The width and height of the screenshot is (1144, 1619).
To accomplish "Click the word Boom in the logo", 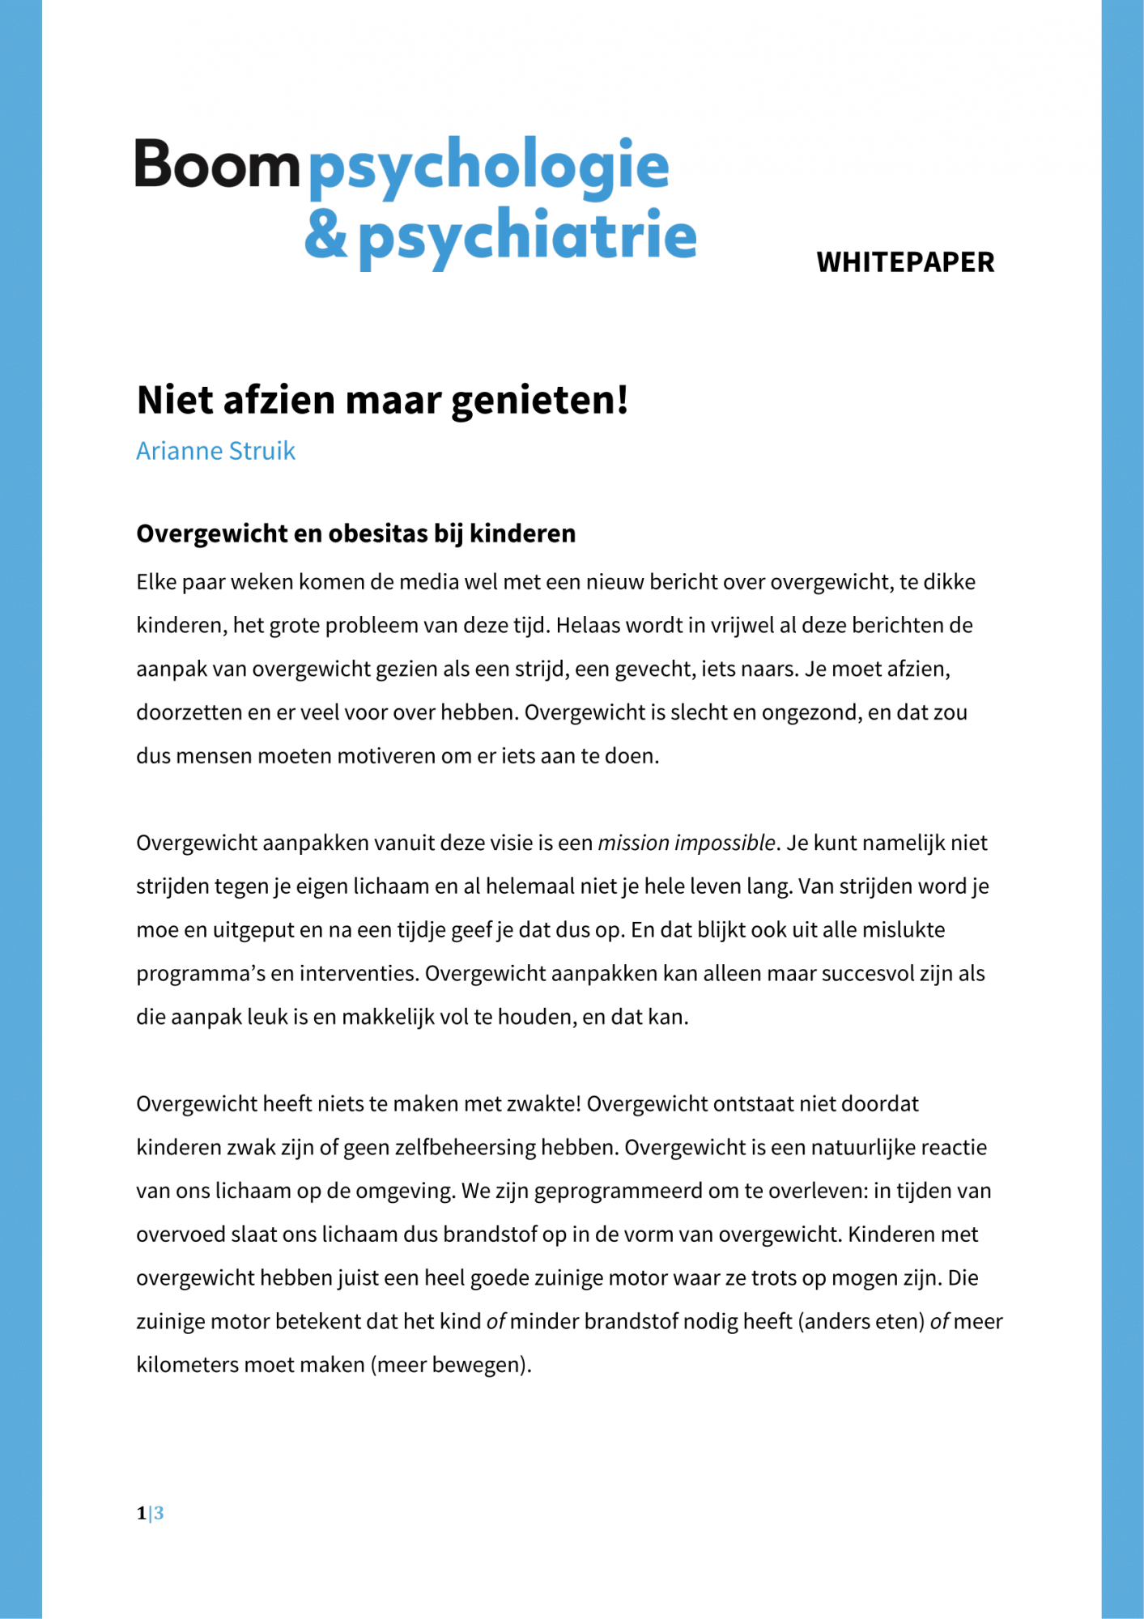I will (x=217, y=164).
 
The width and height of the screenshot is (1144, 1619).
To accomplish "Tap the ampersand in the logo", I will (x=325, y=235).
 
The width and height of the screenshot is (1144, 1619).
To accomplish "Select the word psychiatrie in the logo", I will (x=527, y=236).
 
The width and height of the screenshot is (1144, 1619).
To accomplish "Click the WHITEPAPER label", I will (x=905, y=262).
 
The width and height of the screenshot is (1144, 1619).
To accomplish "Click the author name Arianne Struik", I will (x=215, y=451).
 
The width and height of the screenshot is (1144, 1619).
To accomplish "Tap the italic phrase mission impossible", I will (x=687, y=843).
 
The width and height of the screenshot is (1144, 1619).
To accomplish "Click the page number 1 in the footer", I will (x=142, y=1512).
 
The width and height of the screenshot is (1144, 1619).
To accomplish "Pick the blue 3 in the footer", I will (x=159, y=1512).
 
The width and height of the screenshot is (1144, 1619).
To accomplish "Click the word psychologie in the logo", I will (x=489, y=164).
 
